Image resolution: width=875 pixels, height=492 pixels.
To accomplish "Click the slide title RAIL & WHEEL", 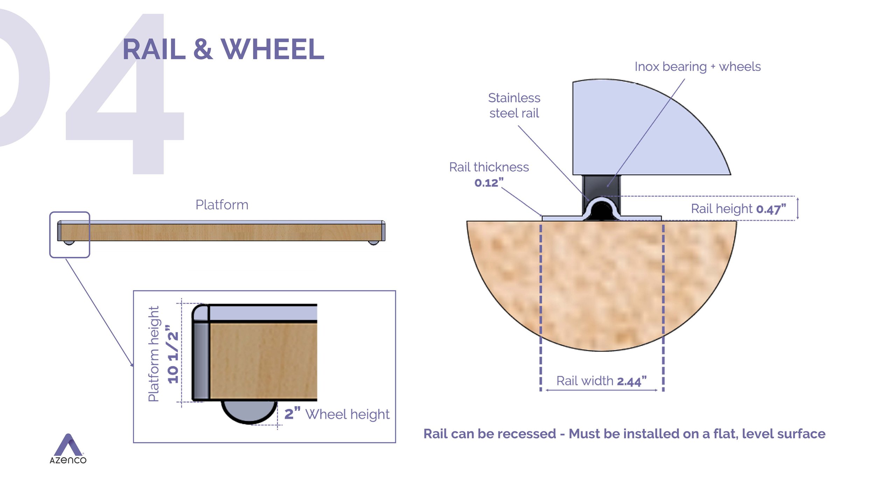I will (x=223, y=49).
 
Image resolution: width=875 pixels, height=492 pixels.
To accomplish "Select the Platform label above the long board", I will (x=222, y=205).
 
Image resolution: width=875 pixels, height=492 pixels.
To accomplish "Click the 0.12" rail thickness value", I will (x=489, y=183).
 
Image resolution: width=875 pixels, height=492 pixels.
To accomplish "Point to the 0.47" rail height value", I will (x=771, y=209).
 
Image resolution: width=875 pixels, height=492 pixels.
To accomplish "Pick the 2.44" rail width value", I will (x=631, y=381).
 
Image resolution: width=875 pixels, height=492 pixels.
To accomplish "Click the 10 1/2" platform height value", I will (x=173, y=354).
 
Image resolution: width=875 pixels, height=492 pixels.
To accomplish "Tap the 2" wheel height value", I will (x=292, y=414).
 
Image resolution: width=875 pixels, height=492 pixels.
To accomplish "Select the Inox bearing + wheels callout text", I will (x=698, y=66).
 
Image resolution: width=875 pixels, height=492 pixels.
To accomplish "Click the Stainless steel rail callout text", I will (x=514, y=105).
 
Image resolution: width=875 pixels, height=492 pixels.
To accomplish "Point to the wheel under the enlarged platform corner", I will (x=249, y=412).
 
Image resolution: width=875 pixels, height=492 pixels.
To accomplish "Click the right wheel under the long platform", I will (x=373, y=243).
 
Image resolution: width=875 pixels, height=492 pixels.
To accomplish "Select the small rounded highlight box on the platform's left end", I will (x=70, y=234).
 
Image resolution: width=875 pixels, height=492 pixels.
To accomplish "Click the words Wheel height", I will (x=347, y=414).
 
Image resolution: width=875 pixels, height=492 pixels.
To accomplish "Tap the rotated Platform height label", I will (x=154, y=354).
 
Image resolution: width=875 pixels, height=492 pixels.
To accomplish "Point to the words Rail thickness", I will (x=489, y=167).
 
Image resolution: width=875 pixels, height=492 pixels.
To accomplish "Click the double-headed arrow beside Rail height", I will (x=798, y=209).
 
